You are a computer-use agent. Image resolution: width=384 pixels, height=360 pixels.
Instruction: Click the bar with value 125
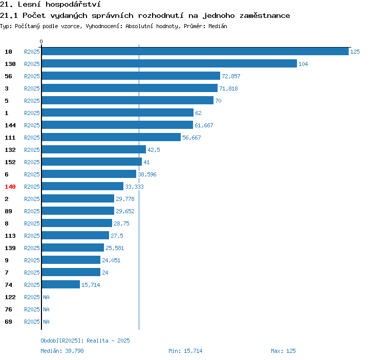[x=195, y=51]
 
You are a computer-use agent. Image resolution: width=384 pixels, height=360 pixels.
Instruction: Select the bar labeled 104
[x=169, y=63]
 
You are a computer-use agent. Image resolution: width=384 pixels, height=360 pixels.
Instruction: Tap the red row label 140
[x=10, y=187]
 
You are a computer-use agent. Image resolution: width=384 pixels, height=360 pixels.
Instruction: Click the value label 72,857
[x=231, y=76]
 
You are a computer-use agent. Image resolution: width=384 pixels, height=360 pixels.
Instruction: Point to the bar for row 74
[x=61, y=284]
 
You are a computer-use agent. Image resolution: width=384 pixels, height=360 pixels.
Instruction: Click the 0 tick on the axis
[x=41, y=41]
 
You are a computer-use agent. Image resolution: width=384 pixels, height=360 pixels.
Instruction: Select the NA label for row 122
[x=46, y=297]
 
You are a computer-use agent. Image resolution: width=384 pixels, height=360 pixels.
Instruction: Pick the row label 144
[x=10, y=125]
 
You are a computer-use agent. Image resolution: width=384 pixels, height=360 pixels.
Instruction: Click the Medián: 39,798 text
[x=62, y=351]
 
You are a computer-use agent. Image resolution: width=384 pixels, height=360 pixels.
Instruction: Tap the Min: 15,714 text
[x=185, y=351]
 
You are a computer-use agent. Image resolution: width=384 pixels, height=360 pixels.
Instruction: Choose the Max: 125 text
[x=283, y=351]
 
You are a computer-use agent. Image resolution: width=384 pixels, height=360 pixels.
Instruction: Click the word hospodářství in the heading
[x=73, y=5]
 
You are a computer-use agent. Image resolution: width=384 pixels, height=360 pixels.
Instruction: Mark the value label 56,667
[x=191, y=138]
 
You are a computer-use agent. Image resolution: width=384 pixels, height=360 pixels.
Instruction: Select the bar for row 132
[x=94, y=149]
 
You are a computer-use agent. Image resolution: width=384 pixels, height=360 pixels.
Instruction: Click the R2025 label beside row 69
[x=32, y=322]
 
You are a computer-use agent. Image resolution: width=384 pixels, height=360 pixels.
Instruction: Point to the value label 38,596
[x=147, y=174]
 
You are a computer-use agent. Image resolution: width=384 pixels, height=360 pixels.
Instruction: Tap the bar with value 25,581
[x=73, y=247]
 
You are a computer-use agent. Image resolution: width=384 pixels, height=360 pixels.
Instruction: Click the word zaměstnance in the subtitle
[x=265, y=16]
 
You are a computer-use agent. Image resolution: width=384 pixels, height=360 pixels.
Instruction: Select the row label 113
[x=10, y=236]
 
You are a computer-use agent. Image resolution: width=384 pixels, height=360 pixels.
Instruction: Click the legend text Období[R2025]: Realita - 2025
[x=85, y=341]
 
